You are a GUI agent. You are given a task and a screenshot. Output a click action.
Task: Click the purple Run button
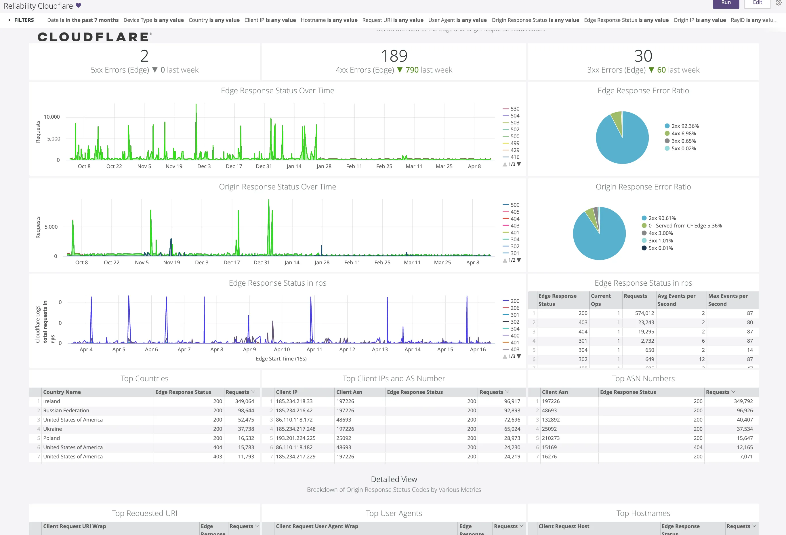tap(726, 3)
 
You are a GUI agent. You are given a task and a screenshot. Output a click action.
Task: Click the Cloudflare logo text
tap(94, 37)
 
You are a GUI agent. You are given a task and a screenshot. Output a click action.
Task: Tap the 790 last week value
tap(412, 70)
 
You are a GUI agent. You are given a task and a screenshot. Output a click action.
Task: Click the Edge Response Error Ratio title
tap(643, 91)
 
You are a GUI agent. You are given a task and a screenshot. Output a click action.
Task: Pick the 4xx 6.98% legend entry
tap(683, 133)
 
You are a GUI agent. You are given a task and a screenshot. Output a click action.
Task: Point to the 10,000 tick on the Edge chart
tap(52, 117)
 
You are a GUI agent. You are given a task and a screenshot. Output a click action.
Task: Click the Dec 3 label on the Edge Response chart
tap(204, 166)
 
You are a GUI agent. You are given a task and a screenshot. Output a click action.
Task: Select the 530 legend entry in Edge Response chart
tap(514, 109)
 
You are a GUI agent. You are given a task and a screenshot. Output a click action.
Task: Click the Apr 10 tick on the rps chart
tap(282, 349)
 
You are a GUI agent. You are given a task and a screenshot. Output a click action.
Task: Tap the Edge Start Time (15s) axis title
tap(281, 358)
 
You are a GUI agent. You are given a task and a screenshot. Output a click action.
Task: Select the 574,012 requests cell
tap(644, 313)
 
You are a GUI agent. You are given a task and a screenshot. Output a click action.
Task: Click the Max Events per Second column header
tap(728, 300)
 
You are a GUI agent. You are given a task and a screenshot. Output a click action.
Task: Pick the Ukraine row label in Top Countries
tap(52, 429)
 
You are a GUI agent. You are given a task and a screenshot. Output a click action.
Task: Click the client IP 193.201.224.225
tap(295, 438)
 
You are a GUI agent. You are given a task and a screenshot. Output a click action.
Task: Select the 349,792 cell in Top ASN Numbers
tap(743, 401)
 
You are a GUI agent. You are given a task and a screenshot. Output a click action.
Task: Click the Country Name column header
tap(62, 392)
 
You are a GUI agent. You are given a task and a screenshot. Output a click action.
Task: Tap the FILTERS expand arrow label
tap(21, 20)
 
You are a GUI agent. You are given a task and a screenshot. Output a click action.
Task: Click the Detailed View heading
tap(394, 479)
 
